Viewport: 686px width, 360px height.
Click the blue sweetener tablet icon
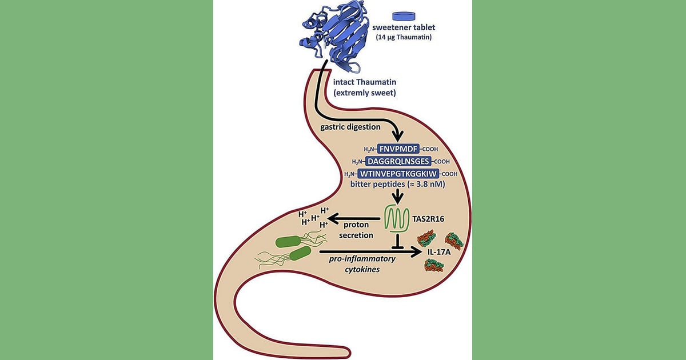[x=404, y=16]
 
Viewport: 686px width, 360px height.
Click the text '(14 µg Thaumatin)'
[x=404, y=37]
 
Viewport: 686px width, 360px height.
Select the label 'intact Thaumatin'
[x=365, y=82]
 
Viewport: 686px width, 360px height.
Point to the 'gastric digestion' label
[x=350, y=127]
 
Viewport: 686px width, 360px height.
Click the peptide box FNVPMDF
[x=398, y=149]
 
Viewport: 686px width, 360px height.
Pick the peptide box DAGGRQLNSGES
[x=398, y=161]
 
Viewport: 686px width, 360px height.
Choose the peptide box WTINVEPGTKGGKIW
[x=398, y=174]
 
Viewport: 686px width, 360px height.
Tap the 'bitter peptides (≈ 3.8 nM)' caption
[x=397, y=184]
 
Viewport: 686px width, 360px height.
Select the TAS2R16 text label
[x=428, y=219]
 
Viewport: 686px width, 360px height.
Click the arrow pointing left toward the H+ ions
[x=354, y=218]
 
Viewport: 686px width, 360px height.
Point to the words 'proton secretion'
[x=356, y=230]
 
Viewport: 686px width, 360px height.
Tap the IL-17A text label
[x=439, y=253]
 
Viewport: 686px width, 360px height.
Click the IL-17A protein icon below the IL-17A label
[x=434, y=265]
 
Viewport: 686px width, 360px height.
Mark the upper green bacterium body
[x=289, y=242]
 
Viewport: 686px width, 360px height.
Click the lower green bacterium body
[x=300, y=254]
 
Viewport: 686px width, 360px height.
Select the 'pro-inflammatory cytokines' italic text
[x=362, y=264]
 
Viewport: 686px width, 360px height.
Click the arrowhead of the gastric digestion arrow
[x=398, y=137]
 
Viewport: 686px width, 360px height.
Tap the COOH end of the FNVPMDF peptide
[x=430, y=149]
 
